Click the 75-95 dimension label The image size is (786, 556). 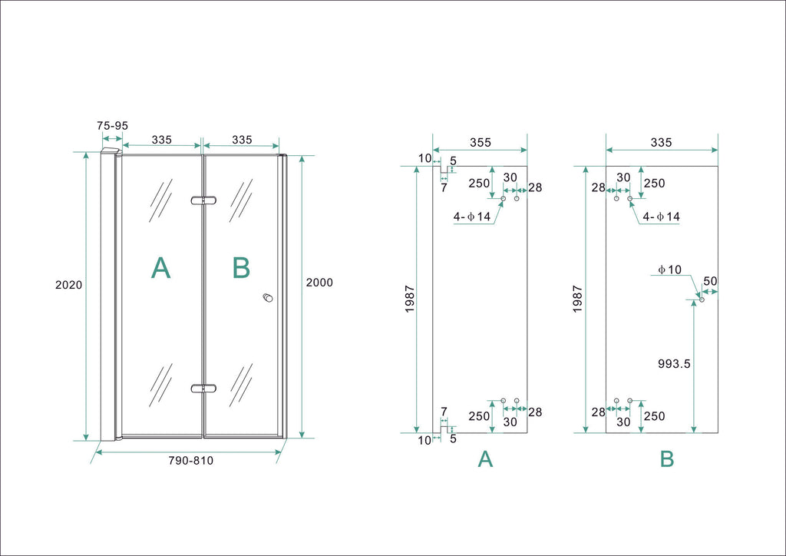click(112, 125)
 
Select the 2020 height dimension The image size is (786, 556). click(68, 284)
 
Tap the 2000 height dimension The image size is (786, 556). click(319, 282)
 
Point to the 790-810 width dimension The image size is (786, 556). click(191, 461)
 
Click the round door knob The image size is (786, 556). click(267, 298)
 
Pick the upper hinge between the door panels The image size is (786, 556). click(203, 200)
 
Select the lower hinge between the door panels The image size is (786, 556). click(203, 389)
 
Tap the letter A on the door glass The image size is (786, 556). click(160, 267)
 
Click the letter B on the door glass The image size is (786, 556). click(241, 267)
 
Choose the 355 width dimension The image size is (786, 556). click(480, 142)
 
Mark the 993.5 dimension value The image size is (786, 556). click(675, 364)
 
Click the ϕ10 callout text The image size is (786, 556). click(669, 269)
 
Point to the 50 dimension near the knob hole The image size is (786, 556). click(710, 281)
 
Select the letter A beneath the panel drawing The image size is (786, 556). click(485, 459)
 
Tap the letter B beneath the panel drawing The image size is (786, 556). click(667, 459)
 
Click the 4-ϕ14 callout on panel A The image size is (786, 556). click(472, 217)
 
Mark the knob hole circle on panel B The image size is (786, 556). click(702, 300)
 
